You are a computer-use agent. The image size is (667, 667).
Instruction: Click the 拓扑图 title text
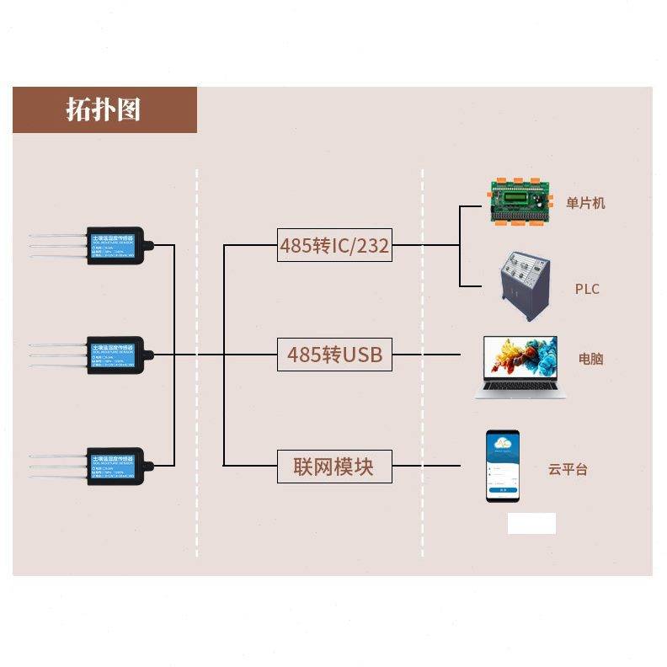[104, 109]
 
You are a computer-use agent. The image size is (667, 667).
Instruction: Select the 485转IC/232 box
[334, 245]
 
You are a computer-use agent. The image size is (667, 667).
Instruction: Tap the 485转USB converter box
[334, 355]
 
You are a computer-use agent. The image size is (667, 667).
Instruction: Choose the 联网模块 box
[334, 466]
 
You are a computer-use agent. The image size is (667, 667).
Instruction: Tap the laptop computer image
[520, 366]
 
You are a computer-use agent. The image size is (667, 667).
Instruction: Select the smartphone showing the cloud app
[503, 466]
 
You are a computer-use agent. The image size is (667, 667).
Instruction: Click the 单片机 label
[585, 203]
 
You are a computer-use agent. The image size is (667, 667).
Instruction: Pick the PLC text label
[587, 289]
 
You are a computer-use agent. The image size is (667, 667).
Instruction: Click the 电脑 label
[590, 359]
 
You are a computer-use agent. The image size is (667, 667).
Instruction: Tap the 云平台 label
[568, 470]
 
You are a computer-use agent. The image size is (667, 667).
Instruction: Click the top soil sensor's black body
[116, 245]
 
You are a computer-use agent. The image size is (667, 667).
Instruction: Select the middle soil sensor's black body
[116, 355]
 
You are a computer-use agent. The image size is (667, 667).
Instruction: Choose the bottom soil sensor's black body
[116, 466]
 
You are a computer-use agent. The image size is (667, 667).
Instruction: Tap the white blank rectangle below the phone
[531, 523]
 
